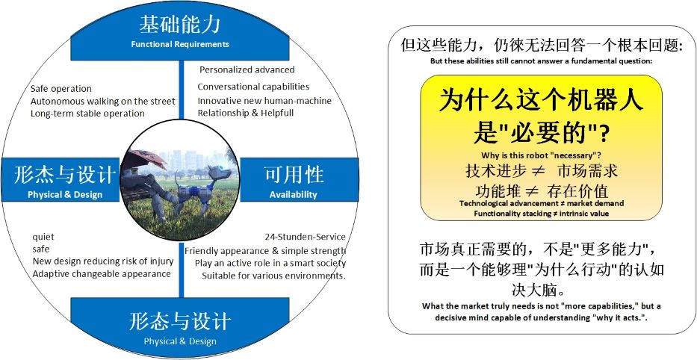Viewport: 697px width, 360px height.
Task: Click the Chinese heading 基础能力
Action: [x=179, y=25]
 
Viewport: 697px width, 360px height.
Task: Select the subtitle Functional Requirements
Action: [x=180, y=44]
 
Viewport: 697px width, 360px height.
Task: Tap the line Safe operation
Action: [x=61, y=88]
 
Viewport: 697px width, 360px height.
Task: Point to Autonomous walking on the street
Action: [x=102, y=102]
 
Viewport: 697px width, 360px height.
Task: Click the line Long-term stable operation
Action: [x=87, y=114]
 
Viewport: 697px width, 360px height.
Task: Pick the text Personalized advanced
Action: [x=247, y=69]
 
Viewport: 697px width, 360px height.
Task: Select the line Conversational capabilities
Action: [x=253, y=87]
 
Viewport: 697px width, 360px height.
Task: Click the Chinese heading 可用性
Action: [x=294, y=175]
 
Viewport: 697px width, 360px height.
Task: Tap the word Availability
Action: [x=294, y=195]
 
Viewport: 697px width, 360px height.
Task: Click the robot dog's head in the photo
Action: [x=220, y=172]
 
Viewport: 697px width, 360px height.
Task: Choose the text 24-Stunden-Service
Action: [x=305, y=237]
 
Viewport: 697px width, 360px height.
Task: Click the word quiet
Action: [x=43, y=238]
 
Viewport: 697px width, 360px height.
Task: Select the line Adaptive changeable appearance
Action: [x=102, y=274]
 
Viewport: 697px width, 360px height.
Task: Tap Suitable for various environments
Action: [x=274, y=276]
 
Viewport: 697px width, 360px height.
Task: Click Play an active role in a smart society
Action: [x=270, y=263]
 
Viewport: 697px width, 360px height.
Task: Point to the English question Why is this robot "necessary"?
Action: [x=542, y=155]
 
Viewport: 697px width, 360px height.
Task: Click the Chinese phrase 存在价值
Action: [x=578, y=191]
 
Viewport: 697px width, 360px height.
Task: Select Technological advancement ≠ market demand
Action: [x=542, y=203]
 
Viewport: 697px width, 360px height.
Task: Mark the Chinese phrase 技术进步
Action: [x=495, y=171]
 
